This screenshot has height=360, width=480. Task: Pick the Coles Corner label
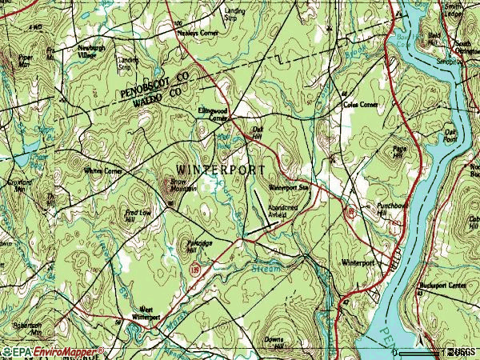[360, 103]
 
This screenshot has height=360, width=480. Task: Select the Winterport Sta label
[288, 187]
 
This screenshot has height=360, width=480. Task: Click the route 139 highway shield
[194, 273]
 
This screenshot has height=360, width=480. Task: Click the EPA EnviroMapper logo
[53, 352]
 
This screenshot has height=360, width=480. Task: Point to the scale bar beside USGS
[419, 353]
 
